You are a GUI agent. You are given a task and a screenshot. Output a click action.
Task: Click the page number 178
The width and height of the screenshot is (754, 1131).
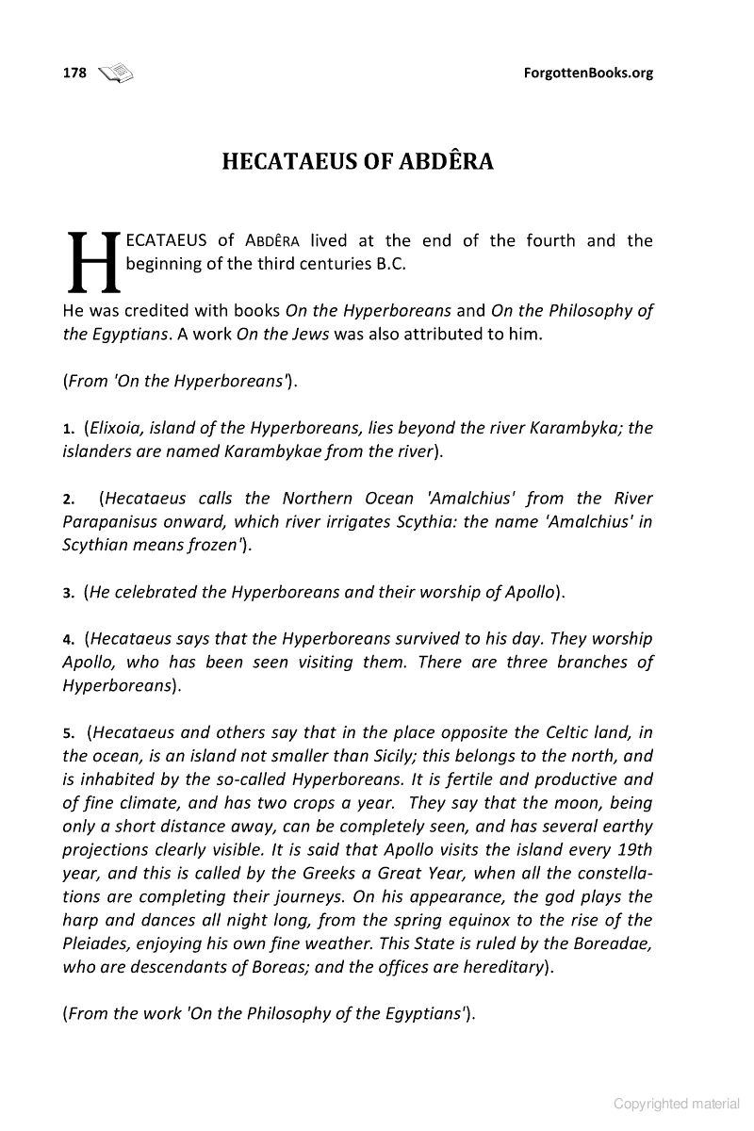[74, 73]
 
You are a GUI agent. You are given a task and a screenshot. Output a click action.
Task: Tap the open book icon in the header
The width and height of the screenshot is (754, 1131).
[116, 73]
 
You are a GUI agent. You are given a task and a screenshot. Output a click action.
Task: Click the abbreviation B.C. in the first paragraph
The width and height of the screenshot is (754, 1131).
[390, 264]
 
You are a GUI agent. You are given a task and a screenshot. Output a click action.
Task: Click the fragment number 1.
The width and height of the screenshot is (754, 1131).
[68, 429]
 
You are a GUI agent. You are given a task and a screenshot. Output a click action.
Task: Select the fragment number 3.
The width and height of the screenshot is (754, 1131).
[68, 594]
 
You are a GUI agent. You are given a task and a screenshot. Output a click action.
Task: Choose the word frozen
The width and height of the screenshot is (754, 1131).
[212, 545]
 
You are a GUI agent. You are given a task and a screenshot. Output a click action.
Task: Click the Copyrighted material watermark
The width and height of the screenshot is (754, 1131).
[677, 1104]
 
